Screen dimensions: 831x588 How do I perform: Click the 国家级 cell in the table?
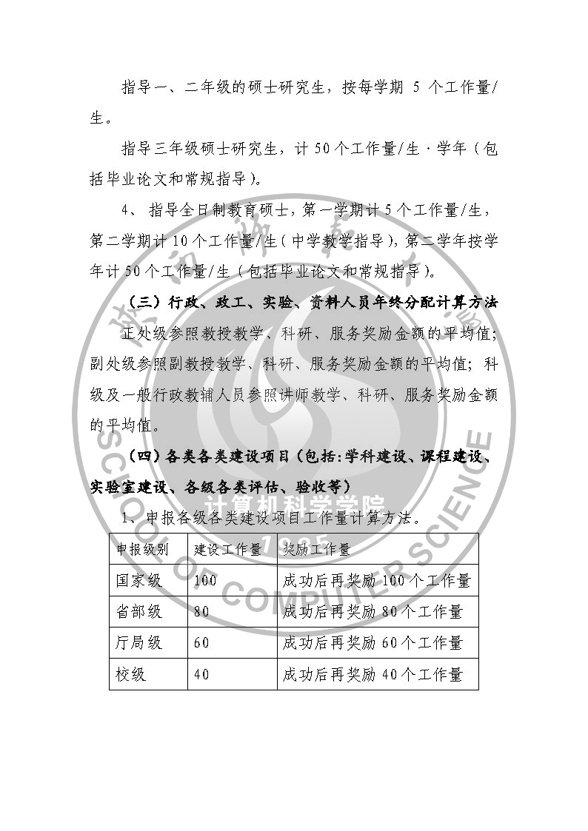tap(138, 580)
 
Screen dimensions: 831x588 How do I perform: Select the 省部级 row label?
tap(138, 612)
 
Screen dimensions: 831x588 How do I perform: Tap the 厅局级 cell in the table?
tap(138, 643)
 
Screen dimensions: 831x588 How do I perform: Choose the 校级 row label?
tap(130, 674)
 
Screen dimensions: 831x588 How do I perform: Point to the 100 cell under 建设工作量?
tap(205, 580)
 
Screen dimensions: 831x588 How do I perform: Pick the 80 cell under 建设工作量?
tap(201, 612)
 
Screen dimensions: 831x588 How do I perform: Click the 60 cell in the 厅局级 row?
tap(201, 643)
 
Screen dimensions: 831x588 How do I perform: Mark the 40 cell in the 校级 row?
tap(201, 674)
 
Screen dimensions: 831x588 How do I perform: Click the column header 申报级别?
tap(142, 550)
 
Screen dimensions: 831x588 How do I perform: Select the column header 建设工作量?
tap(227, 550)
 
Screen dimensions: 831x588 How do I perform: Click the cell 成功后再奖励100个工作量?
tap(376, 580)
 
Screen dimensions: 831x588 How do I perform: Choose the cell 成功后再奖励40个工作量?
tap(372, 674)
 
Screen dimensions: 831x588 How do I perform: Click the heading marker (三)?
tap(143, 303)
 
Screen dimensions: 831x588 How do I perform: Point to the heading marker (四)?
tap(143, 457)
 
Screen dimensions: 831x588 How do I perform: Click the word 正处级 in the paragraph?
tap(144, 334)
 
